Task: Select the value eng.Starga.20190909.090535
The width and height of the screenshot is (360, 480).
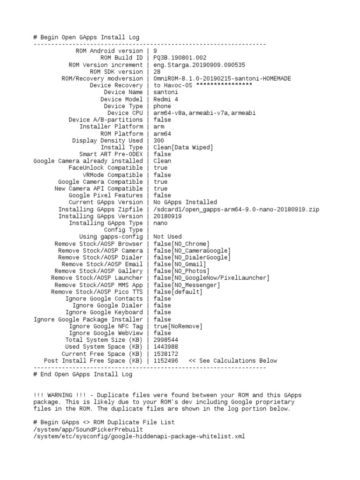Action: pos(199,65)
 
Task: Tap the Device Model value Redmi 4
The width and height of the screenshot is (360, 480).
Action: pos(165,99)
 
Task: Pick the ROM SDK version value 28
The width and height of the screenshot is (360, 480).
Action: pos(157,72)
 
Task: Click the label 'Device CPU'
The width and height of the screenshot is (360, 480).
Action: pos(125,113)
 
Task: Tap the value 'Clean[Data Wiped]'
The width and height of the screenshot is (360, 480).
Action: pos(183,147)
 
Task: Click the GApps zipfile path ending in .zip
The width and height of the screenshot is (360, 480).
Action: pos(236,209)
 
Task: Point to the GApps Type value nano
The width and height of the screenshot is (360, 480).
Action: pos(160,223)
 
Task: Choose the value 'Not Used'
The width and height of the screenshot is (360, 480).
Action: pos(167,237)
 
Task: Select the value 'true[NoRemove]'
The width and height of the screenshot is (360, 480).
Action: pos(178,326)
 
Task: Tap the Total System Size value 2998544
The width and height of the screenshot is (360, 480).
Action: pos(165,340)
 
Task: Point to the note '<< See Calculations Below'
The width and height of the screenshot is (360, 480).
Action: pos(232,360)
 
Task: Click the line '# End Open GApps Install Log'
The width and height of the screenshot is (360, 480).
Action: pos(83,375)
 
